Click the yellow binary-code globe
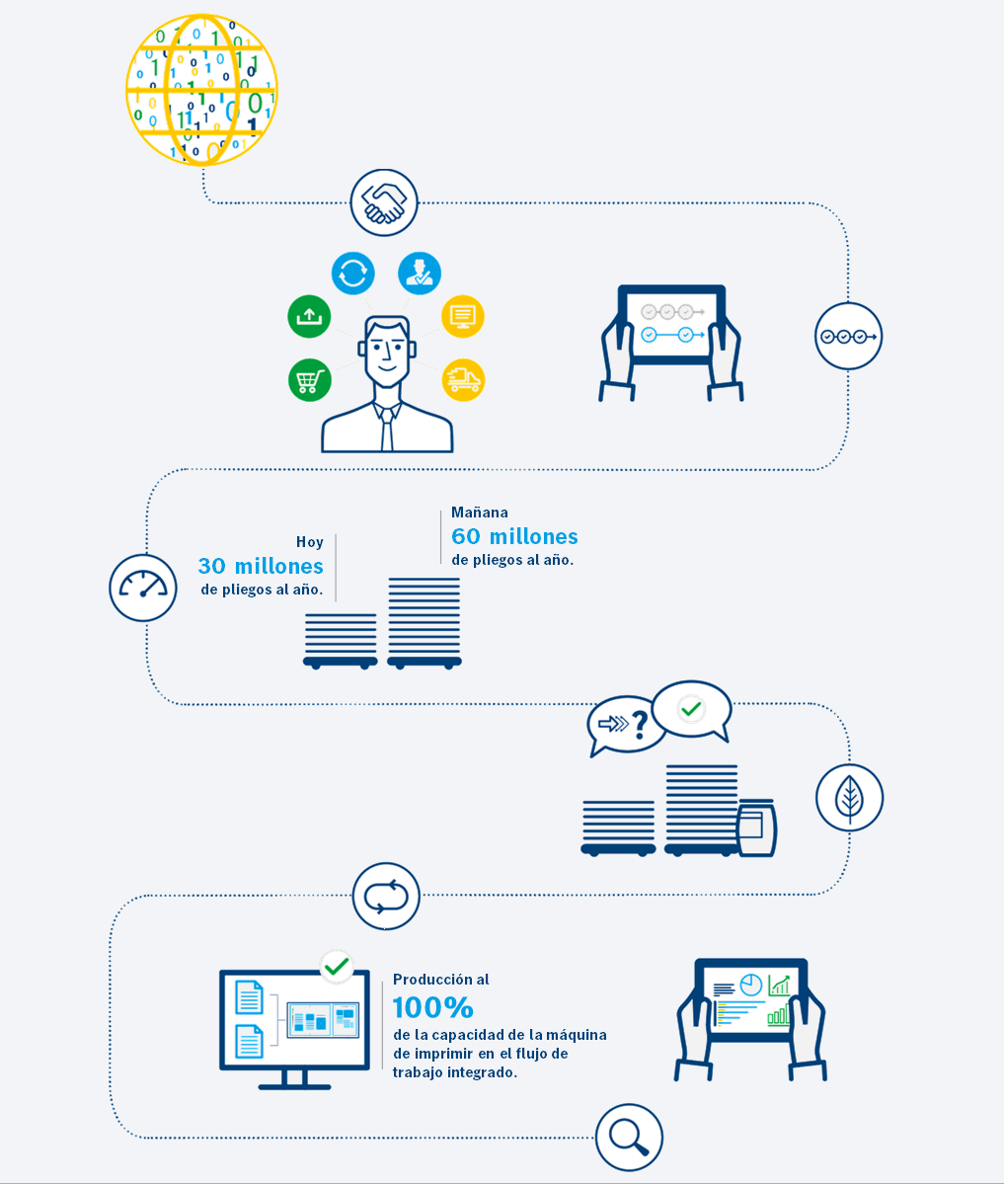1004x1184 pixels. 201,90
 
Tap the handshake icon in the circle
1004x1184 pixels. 384,202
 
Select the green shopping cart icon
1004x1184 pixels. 310,380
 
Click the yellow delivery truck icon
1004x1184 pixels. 463,380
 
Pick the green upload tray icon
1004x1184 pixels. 310,316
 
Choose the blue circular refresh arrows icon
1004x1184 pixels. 353,273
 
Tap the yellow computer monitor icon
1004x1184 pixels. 463,316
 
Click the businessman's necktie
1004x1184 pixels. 387,430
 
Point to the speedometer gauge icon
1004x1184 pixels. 143,588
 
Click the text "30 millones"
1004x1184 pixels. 261,566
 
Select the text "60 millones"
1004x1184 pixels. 514,536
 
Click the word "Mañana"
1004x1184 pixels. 480,512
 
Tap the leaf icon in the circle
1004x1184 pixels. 849,798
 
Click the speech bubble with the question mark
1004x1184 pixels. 623,725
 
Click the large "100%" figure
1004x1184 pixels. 433,1007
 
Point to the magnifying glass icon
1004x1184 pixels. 629,1138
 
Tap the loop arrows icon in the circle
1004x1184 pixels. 387,897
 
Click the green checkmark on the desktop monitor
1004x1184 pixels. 336,967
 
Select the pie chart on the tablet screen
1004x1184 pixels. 751,985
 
